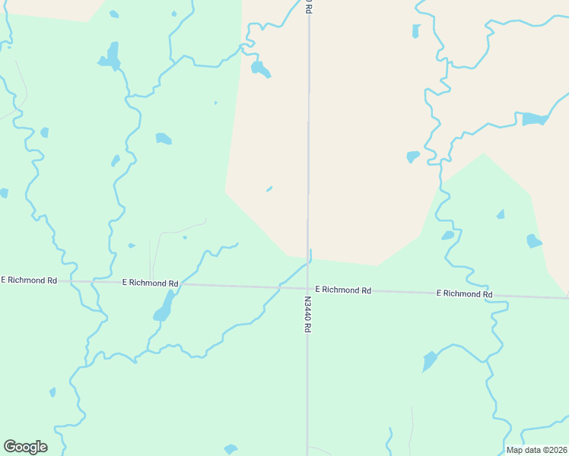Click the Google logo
(25, 447)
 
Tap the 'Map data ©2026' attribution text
(537, 450)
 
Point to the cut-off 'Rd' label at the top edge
(309, 5)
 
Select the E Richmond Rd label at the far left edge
(29, 280)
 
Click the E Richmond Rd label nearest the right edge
(464, 293)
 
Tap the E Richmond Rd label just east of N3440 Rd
(343, 290)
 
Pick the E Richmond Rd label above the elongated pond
(150, 283)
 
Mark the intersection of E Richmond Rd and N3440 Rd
(308, 288)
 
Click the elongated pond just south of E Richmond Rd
(164, 308)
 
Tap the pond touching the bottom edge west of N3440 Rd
(231, 449)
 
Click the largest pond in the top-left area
(112, 57)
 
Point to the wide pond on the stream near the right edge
(534, 119)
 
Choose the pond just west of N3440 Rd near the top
(260, 70)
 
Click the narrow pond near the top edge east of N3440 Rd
(416, 31)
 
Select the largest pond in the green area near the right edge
(533, 241)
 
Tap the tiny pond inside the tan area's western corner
(269, 189)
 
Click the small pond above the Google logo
(52, 392)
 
